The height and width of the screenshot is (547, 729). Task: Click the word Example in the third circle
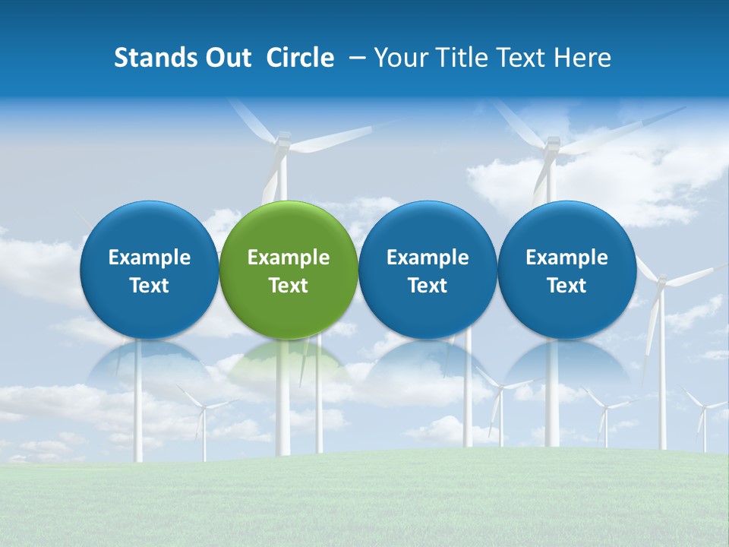[x=428, y=258]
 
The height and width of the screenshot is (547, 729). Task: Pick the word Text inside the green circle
[x=289, y=286]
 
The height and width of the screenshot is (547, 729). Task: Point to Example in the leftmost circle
[x=149, y=258]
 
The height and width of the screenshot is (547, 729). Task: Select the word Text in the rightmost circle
[x=566, y=286]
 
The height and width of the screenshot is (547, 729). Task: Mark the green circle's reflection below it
[x=289, y=361]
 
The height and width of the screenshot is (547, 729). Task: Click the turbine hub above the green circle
[x=282, y=141]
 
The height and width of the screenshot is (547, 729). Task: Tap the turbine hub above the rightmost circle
[x=553, y=143]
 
